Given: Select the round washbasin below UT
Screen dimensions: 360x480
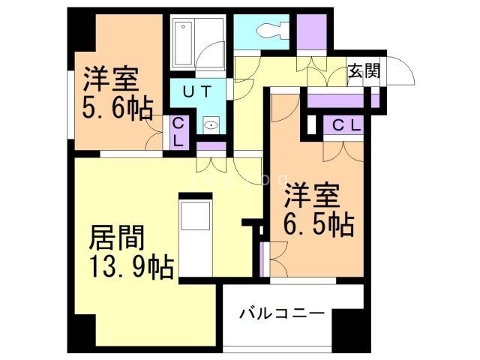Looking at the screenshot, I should (211, 127).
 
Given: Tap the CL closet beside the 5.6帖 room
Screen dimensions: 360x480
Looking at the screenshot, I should (178, 133).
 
